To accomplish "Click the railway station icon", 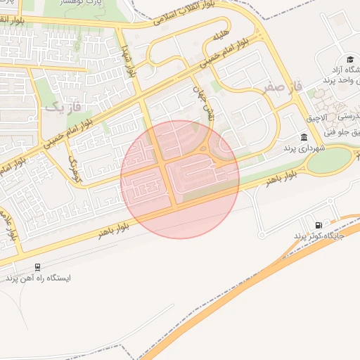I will pyautogui.click(x=37, y=267).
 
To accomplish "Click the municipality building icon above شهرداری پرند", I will pyautogui.click(x=304, y=137).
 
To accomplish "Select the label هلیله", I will pyautogui.click(x=220, y=36).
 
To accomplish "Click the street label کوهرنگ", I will pyautogui.click(x=75, y=169).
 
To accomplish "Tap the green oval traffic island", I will pyautogui.click(x=329, y=160).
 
